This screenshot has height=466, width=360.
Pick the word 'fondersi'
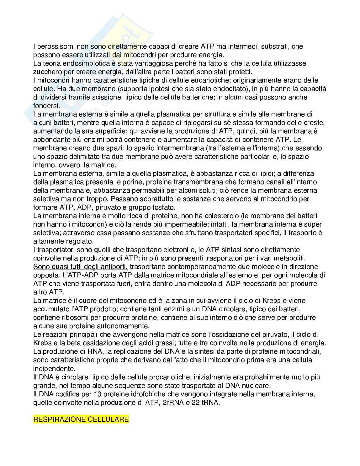pyautogui.click(x=45, y=106)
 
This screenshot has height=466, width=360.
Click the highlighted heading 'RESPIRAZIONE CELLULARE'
pyautogui.click(x=81, y=419)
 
